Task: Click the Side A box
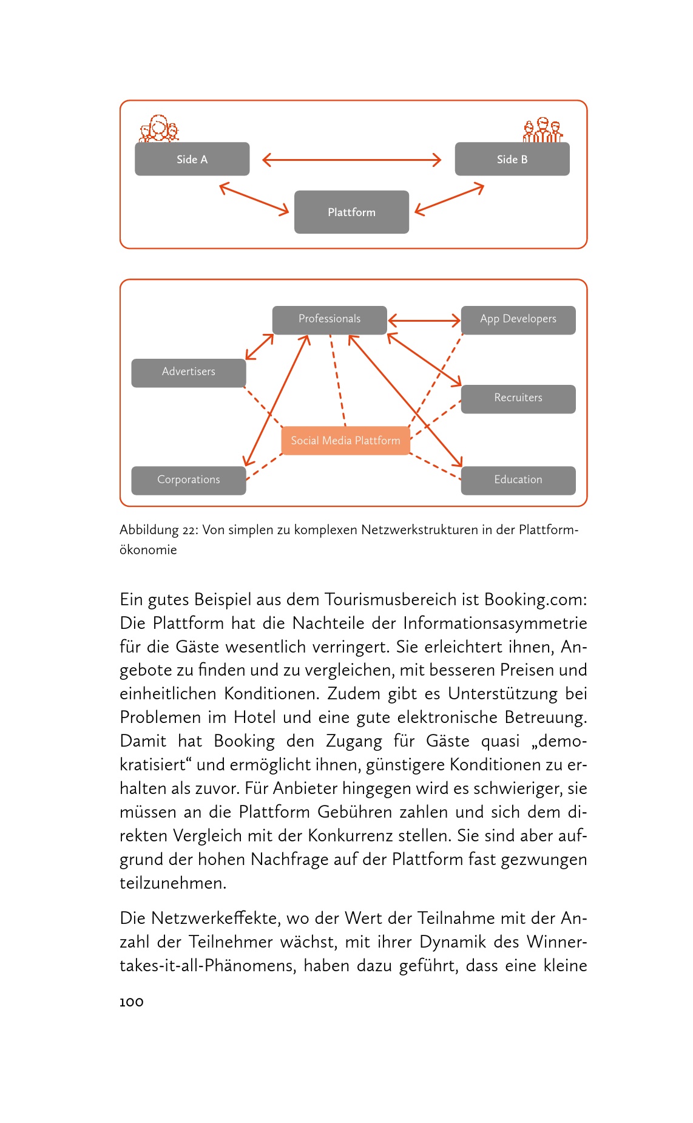coord(192,159)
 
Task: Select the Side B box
coord(512,159)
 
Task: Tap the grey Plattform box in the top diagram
coord(351,212)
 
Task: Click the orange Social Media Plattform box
coord(345,441)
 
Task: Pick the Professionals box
coord(329,319)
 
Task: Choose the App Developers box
coord(518,319)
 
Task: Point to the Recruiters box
coord(518,398)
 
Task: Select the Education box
coord(518,480)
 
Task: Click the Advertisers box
coord(188,372)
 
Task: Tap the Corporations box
coord(188,480)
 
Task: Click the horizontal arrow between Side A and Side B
coord(351,160)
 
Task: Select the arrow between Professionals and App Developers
coord(424,320)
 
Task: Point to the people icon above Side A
coord(159,129)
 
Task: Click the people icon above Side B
coord(543,130)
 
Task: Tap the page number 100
coord(132,1002)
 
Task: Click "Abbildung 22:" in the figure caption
coord(158,530)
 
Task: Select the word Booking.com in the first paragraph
coord(535,600)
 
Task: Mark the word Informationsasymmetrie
coord(495,623)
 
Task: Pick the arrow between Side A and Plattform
coord(254,198)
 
